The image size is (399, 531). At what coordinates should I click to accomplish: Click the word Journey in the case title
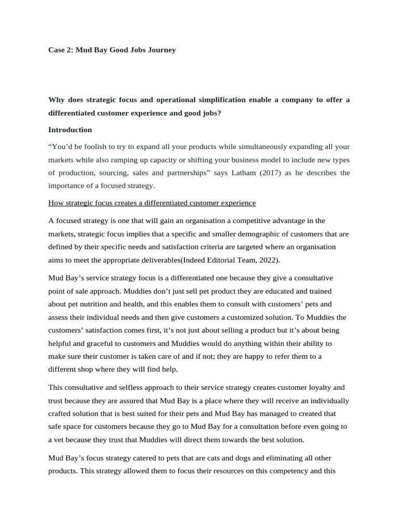pyautogui.click(x=161, y=50)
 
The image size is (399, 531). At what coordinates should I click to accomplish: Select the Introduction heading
pyautogui.click(x=70, y=130)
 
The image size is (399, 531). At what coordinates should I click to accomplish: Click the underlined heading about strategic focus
pyautogui.click(x=152, y=202)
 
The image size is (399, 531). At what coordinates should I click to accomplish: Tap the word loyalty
pyautogui.click(x=317, y=387)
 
